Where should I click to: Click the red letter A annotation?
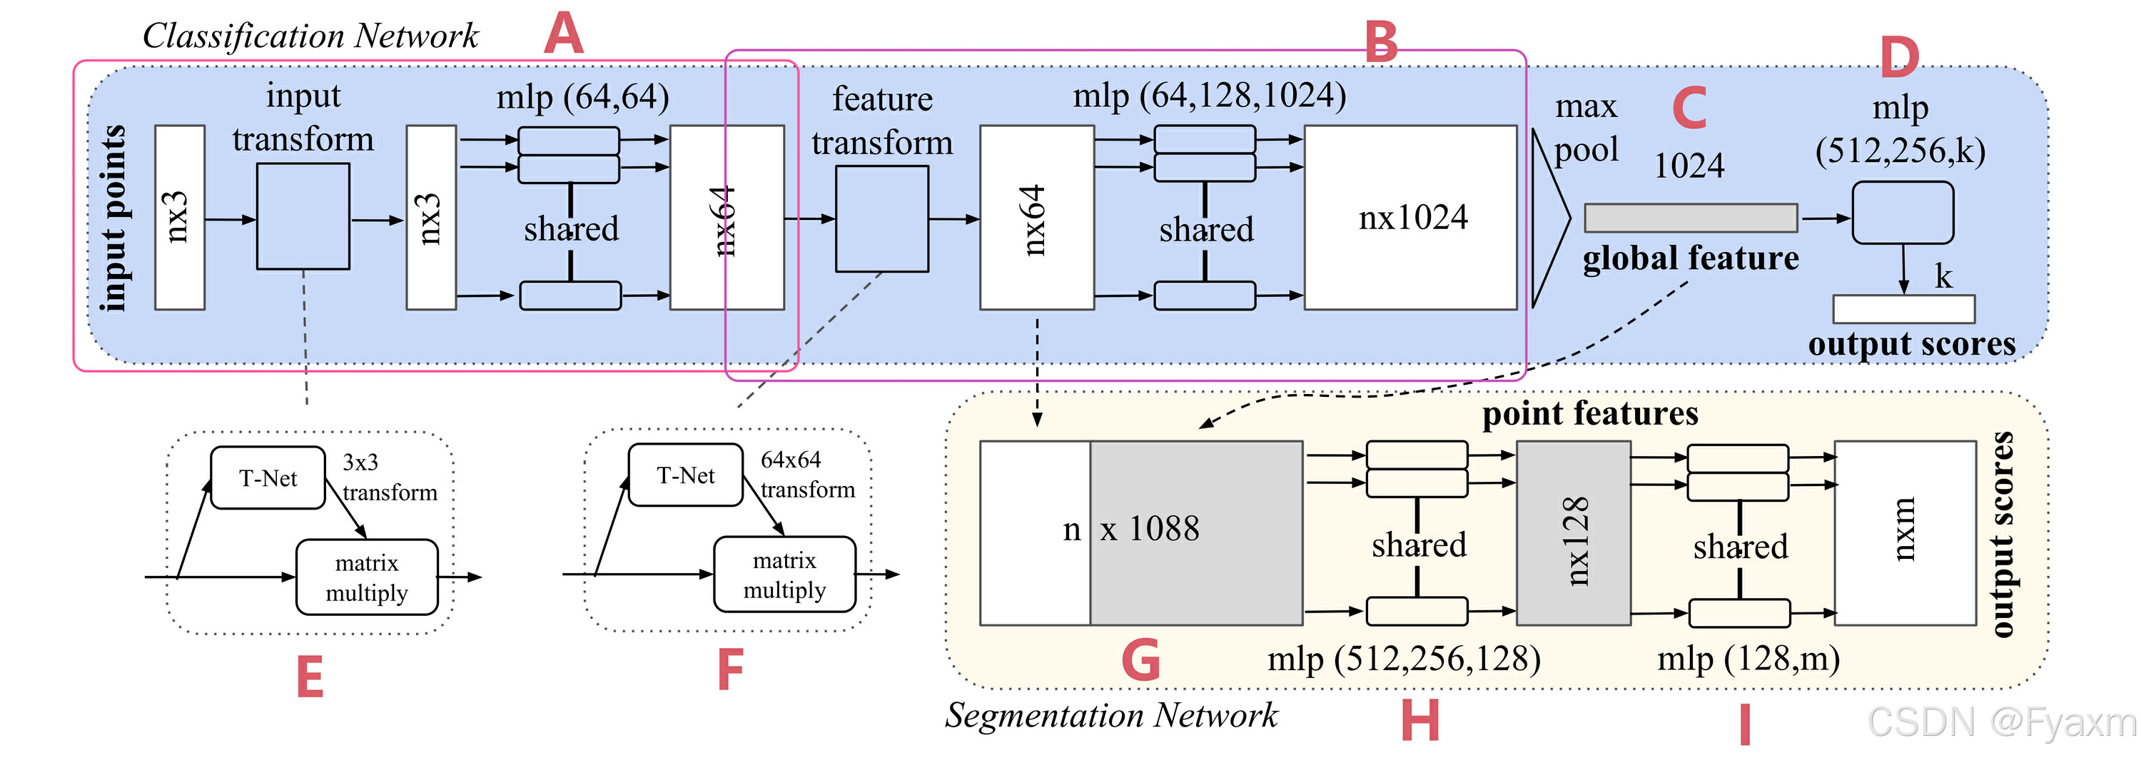[564, 34]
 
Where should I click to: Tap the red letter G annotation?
[1140, 660]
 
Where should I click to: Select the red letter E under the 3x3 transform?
[310, 677]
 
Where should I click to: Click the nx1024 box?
[1410, 218]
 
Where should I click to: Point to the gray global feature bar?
[1691, 218]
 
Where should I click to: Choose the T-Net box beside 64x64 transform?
[686, 475]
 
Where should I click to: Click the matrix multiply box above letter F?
[784, 575]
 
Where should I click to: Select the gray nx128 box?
[1574, 532]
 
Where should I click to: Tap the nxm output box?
[1905, 532]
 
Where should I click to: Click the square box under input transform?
[303, 216]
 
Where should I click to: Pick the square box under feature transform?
[882, 218]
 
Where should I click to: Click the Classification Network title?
[310, 36]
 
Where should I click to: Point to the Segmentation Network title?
[1111, 714]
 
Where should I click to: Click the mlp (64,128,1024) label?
[1209, 96]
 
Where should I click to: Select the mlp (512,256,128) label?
[1404, 659]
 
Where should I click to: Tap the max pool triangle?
[1550, 218]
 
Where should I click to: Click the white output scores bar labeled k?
[1904, 309]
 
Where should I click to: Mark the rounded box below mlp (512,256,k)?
[1903, 213]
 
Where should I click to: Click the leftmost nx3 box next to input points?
[180, 218]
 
